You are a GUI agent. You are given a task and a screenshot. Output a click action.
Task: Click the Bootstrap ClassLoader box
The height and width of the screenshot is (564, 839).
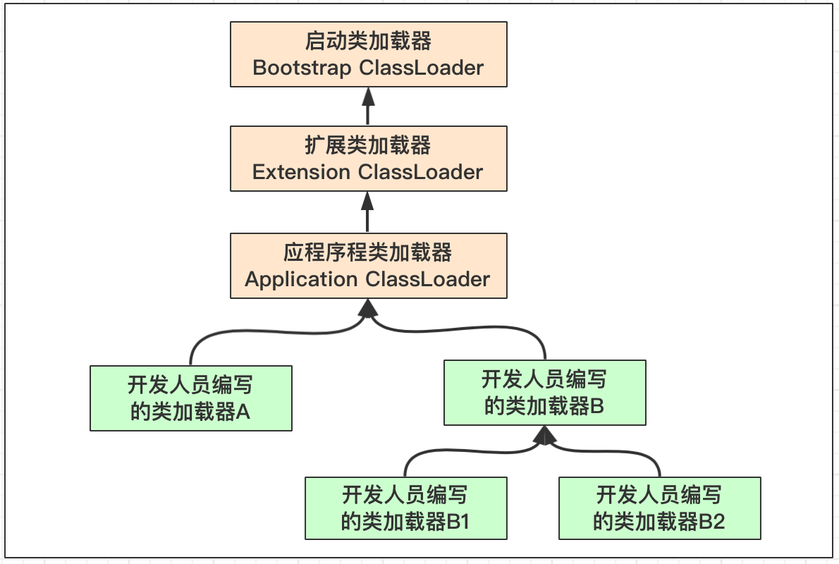(368, 54)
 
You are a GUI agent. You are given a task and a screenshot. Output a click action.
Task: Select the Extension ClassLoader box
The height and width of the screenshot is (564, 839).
(368, 159)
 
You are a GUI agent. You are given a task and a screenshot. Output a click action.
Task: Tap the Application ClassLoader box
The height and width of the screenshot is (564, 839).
(368, 266)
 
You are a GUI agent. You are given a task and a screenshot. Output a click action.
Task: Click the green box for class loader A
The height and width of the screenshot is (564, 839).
(190, 398)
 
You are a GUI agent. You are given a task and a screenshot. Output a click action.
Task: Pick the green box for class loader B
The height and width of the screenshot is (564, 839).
(544, 393)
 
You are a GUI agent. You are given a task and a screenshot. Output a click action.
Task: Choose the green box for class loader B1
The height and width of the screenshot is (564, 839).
(405, 509)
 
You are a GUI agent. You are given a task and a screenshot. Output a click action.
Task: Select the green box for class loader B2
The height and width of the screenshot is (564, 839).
(659, 509)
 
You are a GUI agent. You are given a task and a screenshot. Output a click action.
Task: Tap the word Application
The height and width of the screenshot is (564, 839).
(301, 279)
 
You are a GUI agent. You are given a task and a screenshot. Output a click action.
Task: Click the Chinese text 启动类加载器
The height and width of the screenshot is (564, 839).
(368, 41)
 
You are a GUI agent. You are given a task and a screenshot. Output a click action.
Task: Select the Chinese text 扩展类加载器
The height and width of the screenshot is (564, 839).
(368, 145)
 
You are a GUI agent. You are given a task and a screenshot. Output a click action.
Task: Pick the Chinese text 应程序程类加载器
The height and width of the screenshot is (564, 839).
(368, 252)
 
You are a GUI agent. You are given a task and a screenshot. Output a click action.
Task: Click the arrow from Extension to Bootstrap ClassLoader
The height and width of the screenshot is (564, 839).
(367, 106)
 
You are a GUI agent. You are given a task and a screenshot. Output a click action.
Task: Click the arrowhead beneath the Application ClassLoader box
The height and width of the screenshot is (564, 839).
(367, 308)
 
